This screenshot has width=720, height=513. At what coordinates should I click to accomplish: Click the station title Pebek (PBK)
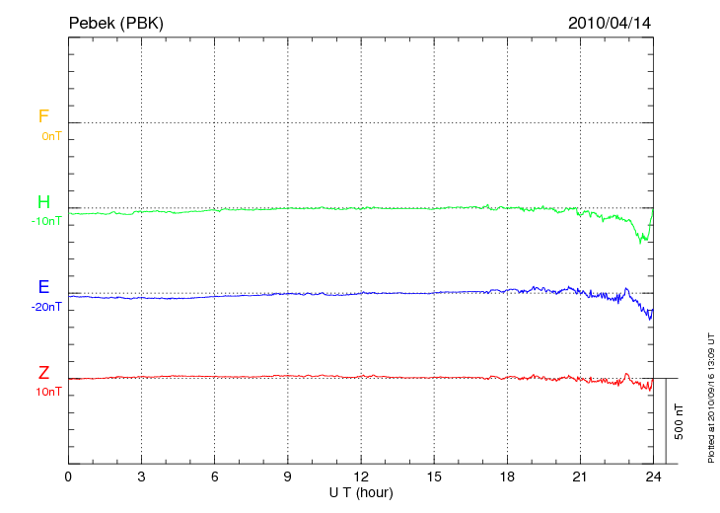point(115,22)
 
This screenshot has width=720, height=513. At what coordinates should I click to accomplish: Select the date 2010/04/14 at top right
point(609,22)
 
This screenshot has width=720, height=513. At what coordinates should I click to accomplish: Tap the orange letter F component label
point(43,116)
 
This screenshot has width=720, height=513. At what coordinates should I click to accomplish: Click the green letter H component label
point(43,202)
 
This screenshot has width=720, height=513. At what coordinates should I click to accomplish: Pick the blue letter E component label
point(43,287)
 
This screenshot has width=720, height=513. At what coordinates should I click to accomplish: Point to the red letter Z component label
point(43,373)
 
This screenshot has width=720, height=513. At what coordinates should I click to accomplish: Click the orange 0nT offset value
point(50,135)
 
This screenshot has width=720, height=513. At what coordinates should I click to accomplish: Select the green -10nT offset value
point(46,221)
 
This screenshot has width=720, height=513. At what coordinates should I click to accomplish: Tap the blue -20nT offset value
point(46,307)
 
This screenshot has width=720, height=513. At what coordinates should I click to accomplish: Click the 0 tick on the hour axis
point(68,476)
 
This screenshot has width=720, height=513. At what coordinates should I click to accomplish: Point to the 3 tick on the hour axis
point(141,476)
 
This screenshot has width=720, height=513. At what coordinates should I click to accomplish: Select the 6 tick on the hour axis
point(214,476)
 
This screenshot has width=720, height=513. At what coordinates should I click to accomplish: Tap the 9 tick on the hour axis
point(287,476)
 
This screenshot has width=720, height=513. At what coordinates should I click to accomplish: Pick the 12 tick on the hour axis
point(361,476)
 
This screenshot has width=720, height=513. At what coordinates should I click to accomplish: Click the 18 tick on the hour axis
point(507,476)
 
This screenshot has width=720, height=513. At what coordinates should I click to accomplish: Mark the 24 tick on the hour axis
point(653,476)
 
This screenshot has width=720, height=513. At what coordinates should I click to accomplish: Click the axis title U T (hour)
point(360,491)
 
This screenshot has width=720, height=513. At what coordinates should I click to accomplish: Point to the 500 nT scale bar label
point(680,421)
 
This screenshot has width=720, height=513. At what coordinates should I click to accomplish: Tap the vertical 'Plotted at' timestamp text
point(710,396)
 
